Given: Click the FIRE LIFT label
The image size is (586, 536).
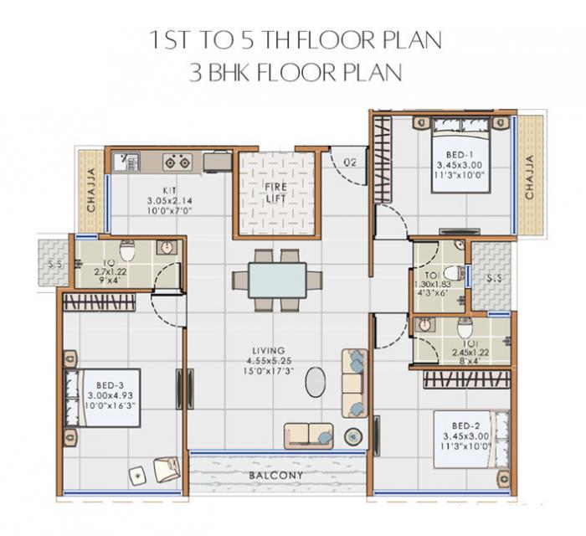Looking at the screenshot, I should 276,190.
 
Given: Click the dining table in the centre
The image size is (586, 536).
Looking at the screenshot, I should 276,281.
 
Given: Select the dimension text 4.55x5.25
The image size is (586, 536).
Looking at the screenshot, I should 271,361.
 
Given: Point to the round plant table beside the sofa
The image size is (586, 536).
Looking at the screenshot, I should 352,436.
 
